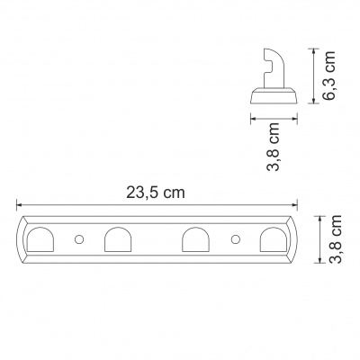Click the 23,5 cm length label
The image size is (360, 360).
[x=157, y=193]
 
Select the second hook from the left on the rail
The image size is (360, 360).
[x=117, y=240]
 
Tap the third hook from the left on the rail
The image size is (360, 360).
[x=195, y=240]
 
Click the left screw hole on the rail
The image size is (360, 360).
[x=78, y=240]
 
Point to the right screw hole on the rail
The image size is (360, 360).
[x=235, y=240]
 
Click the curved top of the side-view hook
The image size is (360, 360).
[x=270, y=53]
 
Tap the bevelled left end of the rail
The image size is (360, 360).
[x=21, y=240]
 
